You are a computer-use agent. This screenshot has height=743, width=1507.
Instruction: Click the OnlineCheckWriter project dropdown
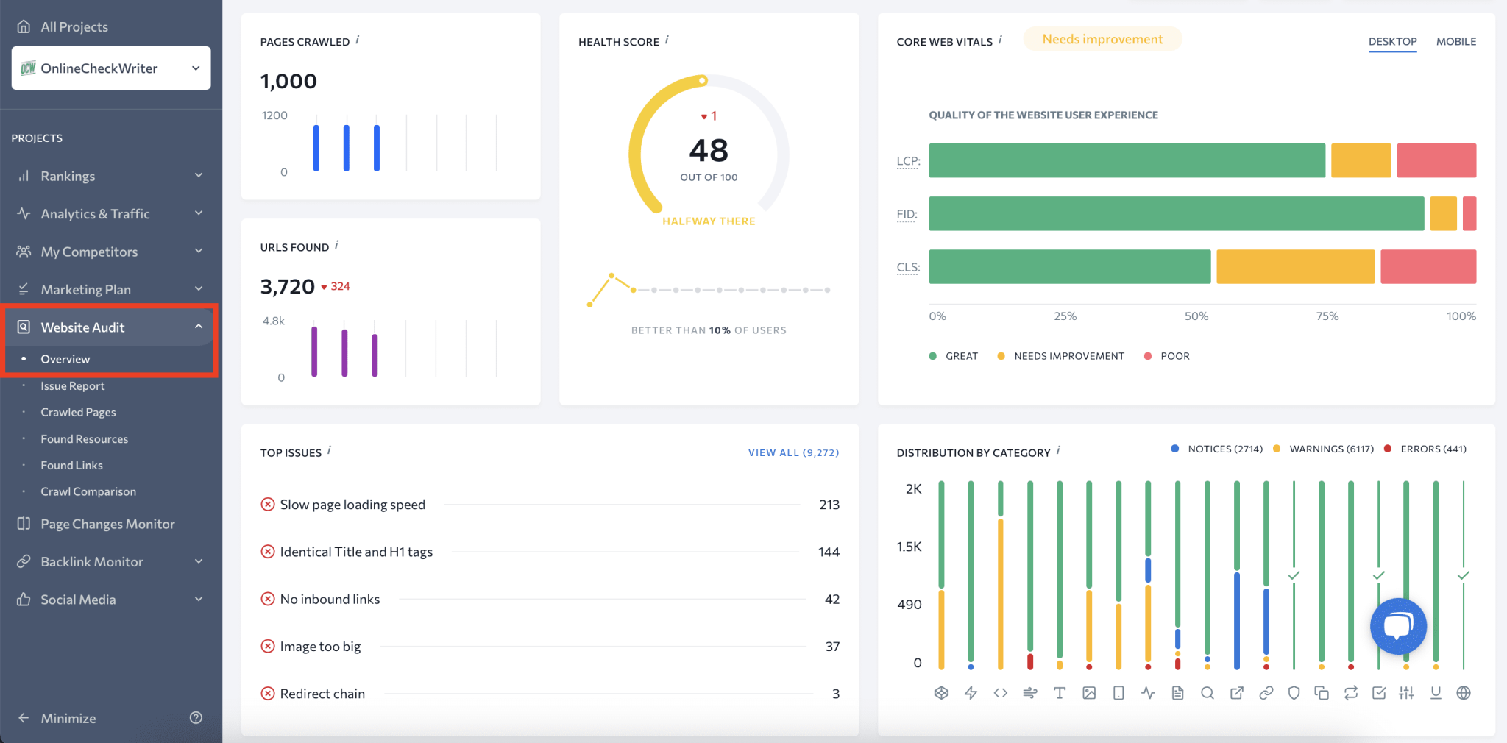tap(110, 68)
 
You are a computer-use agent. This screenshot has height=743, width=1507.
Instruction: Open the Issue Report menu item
tap(72, 386)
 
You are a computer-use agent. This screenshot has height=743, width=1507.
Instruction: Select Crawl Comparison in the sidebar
tap(88, 492)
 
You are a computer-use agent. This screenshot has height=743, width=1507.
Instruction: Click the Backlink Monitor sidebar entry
tap(92, 562)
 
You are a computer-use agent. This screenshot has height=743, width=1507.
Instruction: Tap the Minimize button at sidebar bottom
tap(68, 719)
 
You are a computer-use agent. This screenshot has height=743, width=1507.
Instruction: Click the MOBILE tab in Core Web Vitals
tap(1455, 42)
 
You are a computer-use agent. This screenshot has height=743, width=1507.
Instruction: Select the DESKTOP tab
tap(1392, 42)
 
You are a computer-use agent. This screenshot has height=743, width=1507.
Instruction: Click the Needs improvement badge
tap(1102, 40)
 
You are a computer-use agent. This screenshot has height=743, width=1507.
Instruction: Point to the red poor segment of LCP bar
tap(1436, 160)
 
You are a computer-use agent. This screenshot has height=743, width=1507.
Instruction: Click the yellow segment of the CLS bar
tap(1295, 266)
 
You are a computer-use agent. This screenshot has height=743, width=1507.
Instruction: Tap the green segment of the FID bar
tap(1176, 213)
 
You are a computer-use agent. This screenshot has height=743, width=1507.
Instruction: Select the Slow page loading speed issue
tap(352, 505)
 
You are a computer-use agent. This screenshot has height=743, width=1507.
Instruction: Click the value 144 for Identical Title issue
tap(829, 552)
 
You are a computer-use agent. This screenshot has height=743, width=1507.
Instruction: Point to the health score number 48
tap(709, 151)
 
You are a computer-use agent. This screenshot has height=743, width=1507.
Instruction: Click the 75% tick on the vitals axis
tap(1327, 316)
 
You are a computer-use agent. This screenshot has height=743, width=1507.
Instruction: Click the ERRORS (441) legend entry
tap(1432, 449)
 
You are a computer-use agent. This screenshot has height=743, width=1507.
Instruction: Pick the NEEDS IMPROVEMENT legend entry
tap(1068, 356)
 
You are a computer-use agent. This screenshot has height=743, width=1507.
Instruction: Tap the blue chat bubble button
tap(1397, 626)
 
